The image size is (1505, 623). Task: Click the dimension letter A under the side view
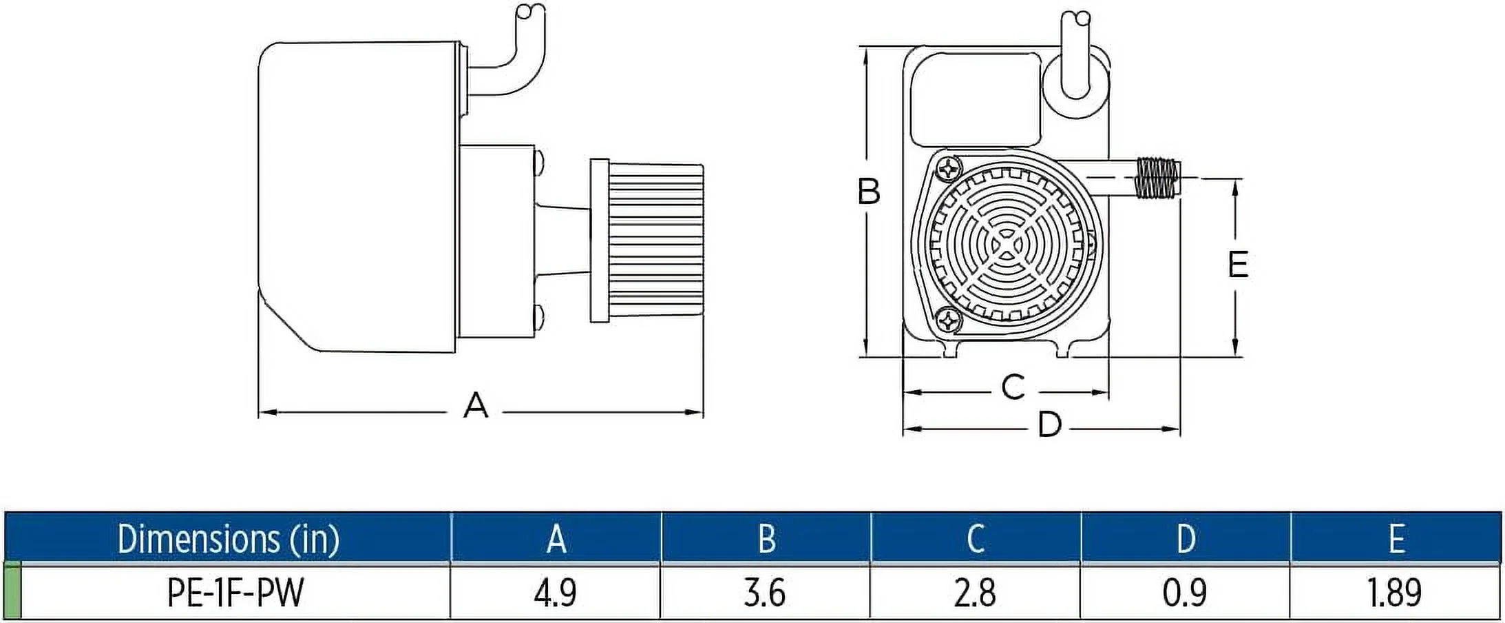(476, 406)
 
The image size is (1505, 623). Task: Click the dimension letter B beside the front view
(869, 192)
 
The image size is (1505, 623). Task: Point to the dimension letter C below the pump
(1013, 387)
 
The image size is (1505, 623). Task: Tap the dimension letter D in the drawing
(1049, 425)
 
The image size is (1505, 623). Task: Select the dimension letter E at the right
(1238, 264)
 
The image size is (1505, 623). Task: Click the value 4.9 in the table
(555, 592)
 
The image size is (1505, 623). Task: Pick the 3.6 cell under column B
(765, 592)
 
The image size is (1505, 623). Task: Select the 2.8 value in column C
(975, 592)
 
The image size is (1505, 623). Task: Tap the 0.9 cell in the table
(1184, 592)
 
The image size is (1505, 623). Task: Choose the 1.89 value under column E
(1395, 592)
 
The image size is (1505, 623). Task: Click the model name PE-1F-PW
(235, 592)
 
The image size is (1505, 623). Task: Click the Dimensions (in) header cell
(229, 538)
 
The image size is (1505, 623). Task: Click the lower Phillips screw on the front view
(949, 319)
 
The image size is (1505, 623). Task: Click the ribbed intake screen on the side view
(654, 241)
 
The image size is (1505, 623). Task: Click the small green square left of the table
(12, 591)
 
